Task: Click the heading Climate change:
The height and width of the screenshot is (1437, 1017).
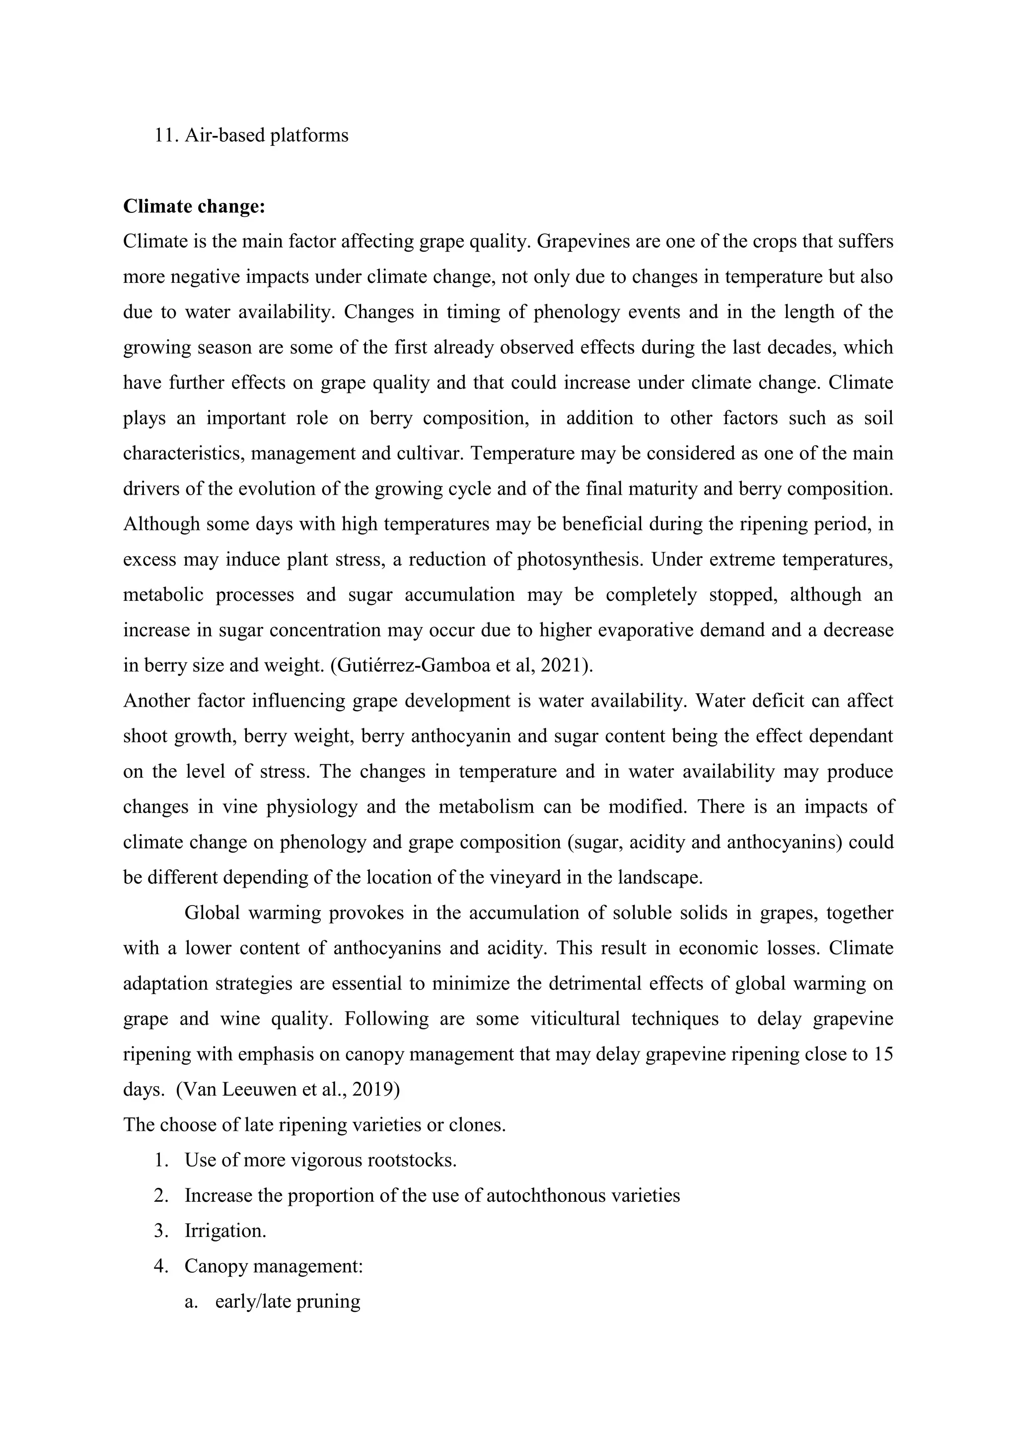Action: [194, 206]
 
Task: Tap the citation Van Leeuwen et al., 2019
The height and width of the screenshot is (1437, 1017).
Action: [288, 1090]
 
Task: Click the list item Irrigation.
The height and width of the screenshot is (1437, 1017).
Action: [225, 1231]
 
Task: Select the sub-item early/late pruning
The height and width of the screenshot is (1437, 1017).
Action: [288, 1301]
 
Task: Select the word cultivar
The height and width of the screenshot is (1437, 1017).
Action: [429, 453]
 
